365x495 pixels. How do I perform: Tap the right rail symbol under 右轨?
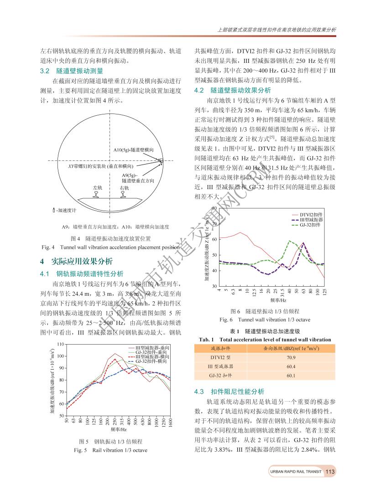click(x=124, y=194)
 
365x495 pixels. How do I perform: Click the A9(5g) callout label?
click(x=130, y=175)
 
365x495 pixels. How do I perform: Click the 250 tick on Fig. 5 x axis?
click(x=115, y=421)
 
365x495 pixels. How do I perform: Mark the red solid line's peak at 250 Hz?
click(x=115, y=354)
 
